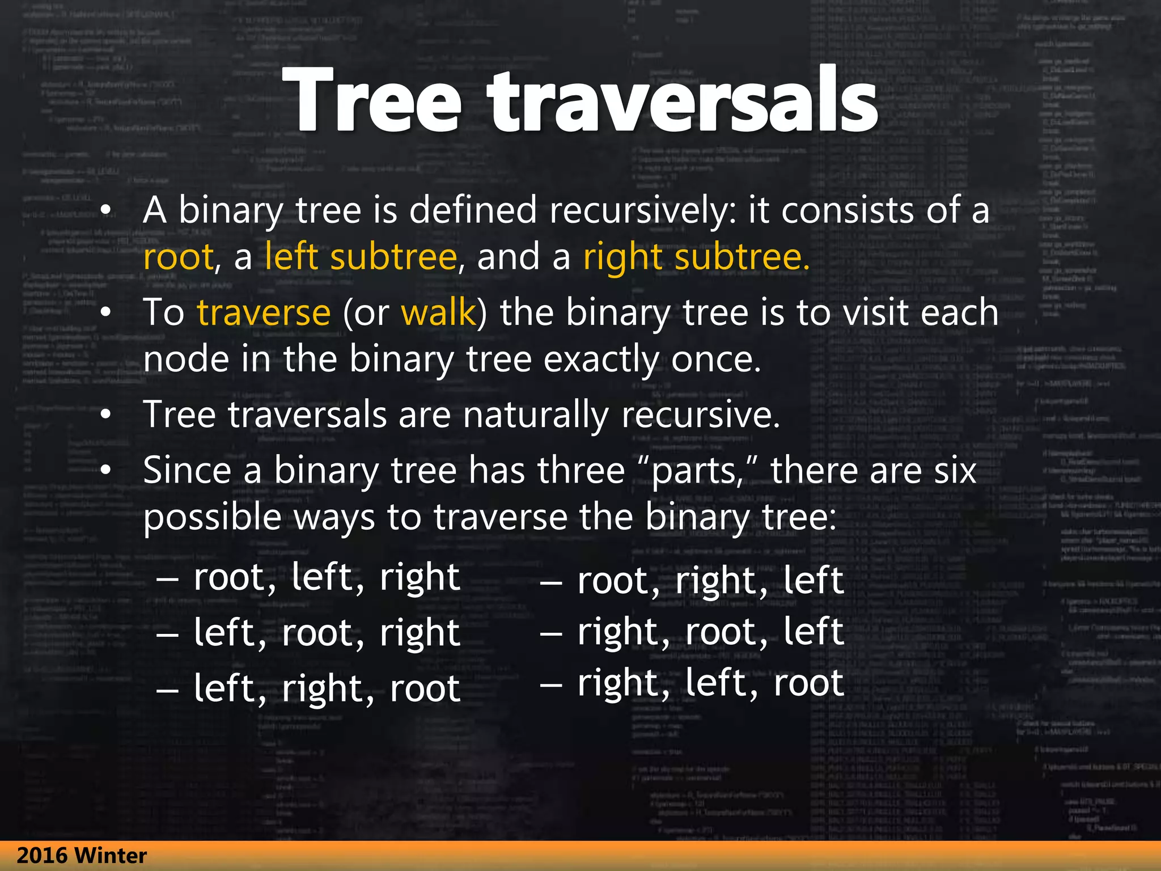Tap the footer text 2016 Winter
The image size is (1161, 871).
(x=82, y=855)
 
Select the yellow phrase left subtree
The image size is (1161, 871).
(x=361, y=256)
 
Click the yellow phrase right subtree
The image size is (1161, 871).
(x=696, y=256)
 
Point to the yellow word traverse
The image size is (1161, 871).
(x=264, y=312)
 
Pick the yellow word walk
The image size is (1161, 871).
(x=438, y=312)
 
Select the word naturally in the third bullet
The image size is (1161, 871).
(x=536, y=415)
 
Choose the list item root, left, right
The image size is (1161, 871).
(x=326, y=577)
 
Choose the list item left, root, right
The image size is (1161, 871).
(x=326, y=632)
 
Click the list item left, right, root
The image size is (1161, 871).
(x=326, y=688)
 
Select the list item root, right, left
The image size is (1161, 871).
(x=710, y=581)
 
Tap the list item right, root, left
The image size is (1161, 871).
(x=710, y=631)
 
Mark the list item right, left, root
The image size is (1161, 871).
(x=710, y=682)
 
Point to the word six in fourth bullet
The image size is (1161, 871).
(x=955, y=471)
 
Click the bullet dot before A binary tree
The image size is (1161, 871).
(x=105, y=210)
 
